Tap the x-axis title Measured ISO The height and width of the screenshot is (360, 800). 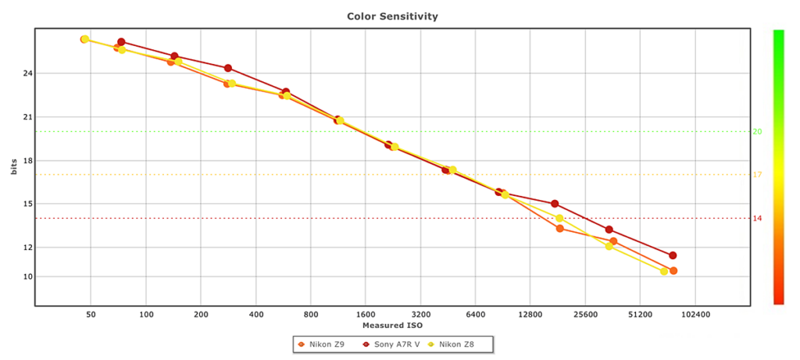[392, 325]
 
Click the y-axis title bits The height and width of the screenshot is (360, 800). [14, 166]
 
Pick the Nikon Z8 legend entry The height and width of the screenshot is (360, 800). [461, 344]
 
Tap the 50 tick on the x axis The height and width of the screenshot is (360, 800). [91, 315]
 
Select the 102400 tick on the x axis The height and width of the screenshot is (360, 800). [695, 315]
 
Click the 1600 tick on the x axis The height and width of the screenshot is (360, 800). [366, 315]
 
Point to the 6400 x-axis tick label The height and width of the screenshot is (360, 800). [476, 315]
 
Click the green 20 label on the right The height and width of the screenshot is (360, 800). [757, 131]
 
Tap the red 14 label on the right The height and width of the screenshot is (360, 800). [757, 218]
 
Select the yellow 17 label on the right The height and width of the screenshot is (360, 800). [757, 174]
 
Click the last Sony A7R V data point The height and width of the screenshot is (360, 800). [673, 255]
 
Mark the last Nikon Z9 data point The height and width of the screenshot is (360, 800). [673, 271]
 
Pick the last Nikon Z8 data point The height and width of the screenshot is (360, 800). [664, 272]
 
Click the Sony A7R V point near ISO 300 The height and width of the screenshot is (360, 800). [228, 68]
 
